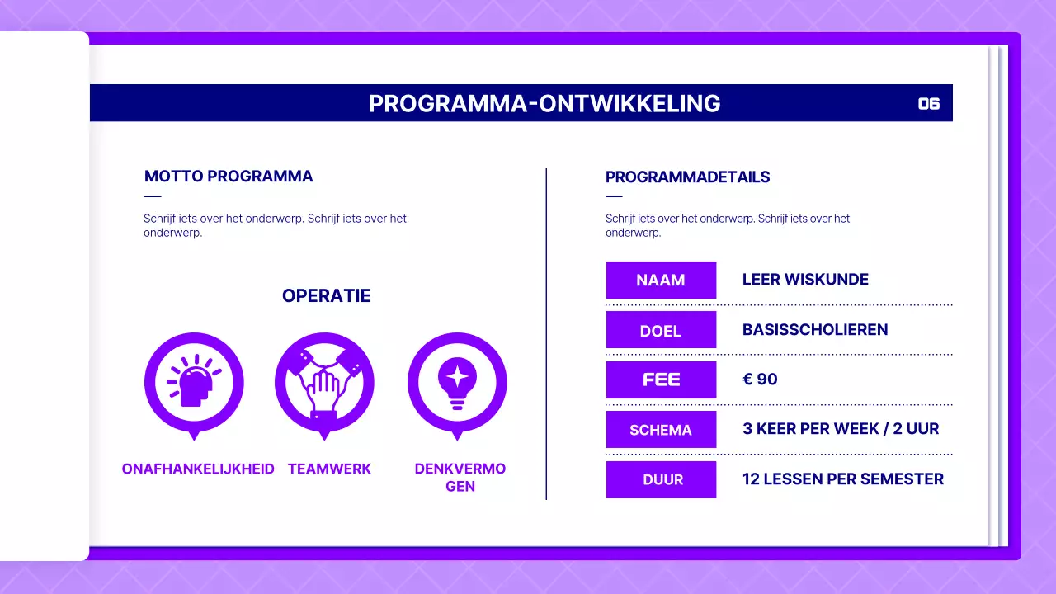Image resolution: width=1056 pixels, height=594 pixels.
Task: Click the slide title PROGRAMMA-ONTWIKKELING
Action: click(544, 103)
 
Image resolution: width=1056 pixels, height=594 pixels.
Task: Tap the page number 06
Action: click(929, 103)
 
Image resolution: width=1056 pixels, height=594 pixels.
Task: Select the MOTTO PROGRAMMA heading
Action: click(229, 176)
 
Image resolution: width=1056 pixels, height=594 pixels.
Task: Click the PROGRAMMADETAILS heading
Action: click(687, 177)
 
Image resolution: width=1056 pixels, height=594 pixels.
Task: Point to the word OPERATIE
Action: click(326, 295)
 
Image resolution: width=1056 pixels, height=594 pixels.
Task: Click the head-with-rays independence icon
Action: click(194, 382)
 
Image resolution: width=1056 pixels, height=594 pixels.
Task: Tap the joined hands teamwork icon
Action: click(324, 382)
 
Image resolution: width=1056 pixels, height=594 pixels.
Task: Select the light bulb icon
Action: click(457, 382)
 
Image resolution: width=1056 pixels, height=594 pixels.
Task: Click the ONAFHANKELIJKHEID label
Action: click(198, 469)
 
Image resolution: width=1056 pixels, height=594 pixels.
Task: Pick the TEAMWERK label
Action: click(329, 469)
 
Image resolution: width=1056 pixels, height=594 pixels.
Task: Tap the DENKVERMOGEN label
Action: click(460, 477)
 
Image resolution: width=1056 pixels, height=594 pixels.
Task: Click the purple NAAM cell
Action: click(661, 280)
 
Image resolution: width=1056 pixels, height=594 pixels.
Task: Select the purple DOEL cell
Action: click(661, 330)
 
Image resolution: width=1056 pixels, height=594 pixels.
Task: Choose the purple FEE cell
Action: click(661, 379)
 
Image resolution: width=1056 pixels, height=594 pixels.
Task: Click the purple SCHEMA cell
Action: click(661, 429)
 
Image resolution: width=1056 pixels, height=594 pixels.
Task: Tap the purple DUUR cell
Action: click(661, 479)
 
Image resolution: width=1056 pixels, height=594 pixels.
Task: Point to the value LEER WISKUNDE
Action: click(805, 280)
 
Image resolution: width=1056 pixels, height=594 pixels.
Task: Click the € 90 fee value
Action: click(760, 379)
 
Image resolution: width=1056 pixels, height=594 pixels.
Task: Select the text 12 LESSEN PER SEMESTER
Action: click(842, 479)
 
